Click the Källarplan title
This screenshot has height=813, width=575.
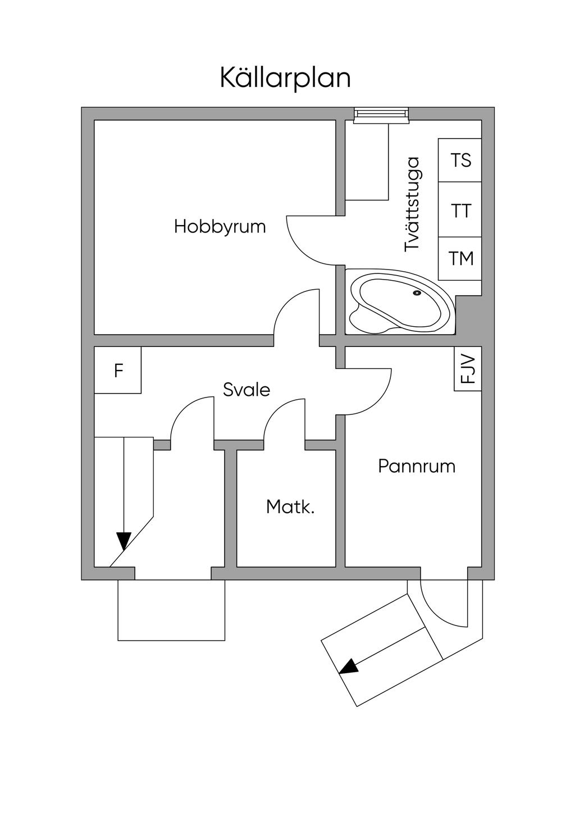point(285,78)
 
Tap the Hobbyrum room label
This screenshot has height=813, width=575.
point(220,227)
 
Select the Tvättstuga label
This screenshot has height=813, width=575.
point(412,204)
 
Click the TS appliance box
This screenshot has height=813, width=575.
point(460,160)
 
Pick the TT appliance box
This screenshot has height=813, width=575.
point(460,211)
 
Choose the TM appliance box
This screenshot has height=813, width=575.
point(460,258)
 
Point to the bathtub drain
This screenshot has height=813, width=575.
point(417,293)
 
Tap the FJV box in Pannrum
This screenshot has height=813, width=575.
point(468,369)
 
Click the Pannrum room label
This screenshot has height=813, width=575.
point(416,467)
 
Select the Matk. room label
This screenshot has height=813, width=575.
point(290,507)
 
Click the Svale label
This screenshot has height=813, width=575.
point(246,390)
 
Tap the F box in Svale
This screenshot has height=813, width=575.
point(118,371)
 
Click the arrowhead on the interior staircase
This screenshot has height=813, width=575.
point(124,541)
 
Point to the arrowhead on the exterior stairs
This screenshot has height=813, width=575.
point(349,666)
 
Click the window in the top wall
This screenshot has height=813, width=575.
point(381,114)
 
